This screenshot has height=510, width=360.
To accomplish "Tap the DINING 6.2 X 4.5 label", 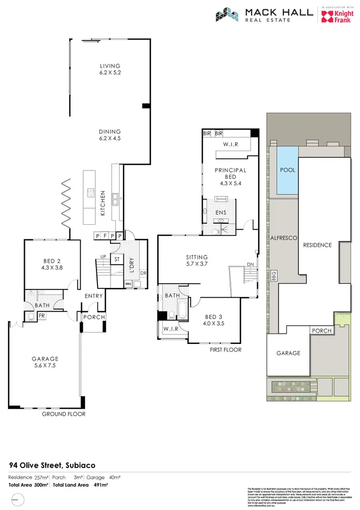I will pyautogui.click(x=110, y=135).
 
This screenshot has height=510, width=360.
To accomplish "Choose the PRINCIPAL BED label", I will pyautogui.click(x=230, y=174).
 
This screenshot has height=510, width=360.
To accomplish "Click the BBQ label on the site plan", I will pyautogui.click(x=274, y=275).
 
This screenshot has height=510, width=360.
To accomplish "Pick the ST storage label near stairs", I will pyautogui.click(x=116, y=259).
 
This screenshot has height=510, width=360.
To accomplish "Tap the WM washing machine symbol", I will pyautogui.click(x=128, y=284).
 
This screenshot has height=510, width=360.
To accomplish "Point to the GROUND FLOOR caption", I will pyautogui.click(x=64, y=414).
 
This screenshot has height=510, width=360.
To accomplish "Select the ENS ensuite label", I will pyautogui.click(x=220, y=212).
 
